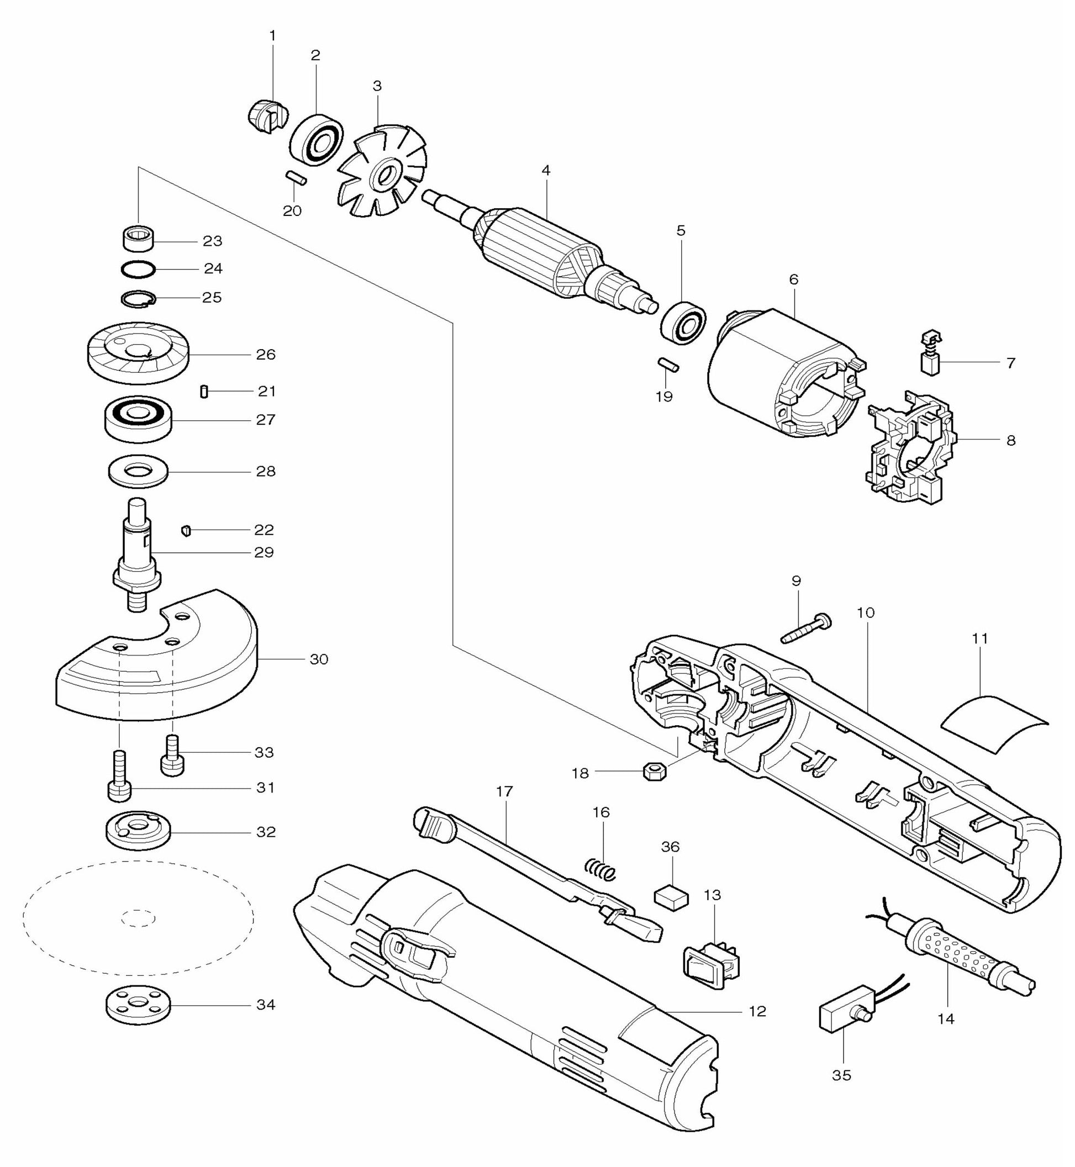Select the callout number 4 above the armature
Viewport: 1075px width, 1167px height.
tap(545, 170)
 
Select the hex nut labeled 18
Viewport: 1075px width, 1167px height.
tap(655, 773)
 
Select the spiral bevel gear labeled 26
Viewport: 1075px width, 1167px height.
tap(138, 353)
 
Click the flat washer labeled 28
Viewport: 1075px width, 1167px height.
tap(139, 471)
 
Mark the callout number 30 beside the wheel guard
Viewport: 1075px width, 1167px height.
tap(319, 659)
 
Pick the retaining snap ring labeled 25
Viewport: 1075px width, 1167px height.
tap(139, 298)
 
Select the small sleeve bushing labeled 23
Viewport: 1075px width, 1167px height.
tap(139, 238)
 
